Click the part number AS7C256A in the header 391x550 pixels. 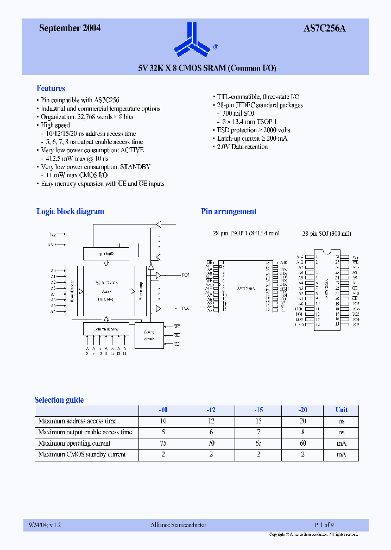click(324, 28)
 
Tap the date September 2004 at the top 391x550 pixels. click(70, 28)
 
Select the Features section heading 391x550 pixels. click(51, 88)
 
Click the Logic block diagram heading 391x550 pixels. click(70, 211)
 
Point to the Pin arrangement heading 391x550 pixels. click(229, 211)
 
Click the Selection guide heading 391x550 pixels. click(59, 400)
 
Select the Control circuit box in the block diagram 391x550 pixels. click(149, 335)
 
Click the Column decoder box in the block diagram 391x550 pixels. click(106, 329)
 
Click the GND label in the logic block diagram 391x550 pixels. click(52, 245)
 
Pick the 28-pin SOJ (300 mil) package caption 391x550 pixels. click(327, 233)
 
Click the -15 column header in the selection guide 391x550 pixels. click(258, 410)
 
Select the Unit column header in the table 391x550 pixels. click(341, 410)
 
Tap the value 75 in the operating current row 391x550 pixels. click(163, 443)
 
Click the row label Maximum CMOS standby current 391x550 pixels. click(82, 454)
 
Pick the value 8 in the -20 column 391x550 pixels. click(302, 432)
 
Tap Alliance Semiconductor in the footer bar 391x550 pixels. click(178, 525)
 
